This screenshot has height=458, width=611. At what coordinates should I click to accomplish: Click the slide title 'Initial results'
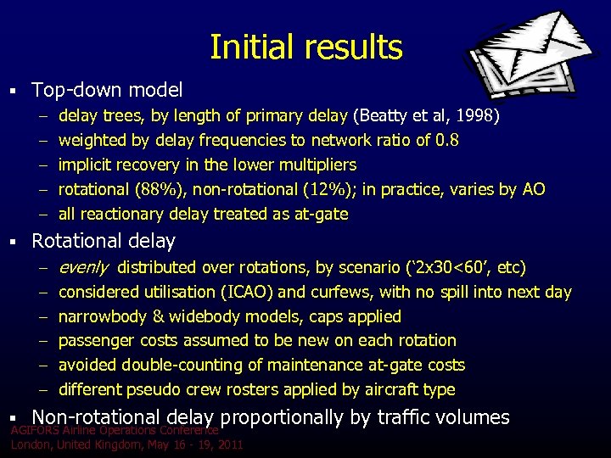pyautogui.click(x=305, y=47)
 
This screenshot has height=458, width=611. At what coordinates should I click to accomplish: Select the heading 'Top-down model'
pyautogui.click(x=107, y=89)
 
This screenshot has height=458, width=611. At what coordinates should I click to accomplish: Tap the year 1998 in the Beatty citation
pyautogui.click(x=480, y=115)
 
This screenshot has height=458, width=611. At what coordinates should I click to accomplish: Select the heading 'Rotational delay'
pyautogui.click(x=103, y=242)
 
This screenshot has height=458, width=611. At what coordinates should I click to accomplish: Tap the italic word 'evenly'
pyautogui.click(x=82, y=268)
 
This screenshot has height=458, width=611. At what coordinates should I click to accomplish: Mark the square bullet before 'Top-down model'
pyautogui.click(x=15, y=89)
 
